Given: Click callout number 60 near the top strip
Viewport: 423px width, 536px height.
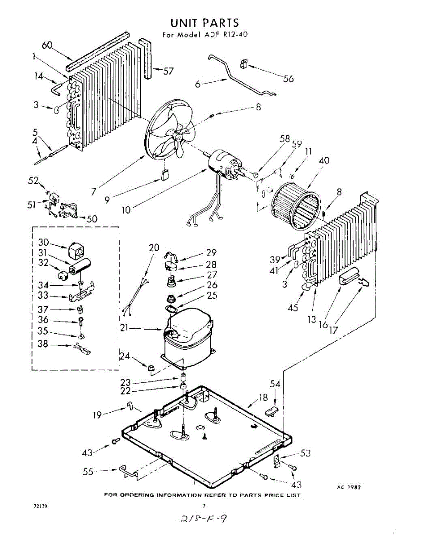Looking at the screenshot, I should coord(48,45).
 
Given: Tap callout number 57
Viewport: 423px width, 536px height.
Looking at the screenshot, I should coord(168,71).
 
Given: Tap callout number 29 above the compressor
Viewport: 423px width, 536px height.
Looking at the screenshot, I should coord(211,252).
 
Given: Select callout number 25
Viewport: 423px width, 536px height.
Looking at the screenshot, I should coord(211,295).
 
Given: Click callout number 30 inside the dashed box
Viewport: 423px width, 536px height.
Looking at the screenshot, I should coord(43,242).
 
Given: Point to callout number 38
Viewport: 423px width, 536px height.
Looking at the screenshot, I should coord(43,344).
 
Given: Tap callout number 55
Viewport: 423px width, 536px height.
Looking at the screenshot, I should coord(88,471).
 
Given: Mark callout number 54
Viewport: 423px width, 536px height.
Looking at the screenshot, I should coord(275,383).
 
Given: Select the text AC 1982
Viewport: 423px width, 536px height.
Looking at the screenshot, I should coord(348,487).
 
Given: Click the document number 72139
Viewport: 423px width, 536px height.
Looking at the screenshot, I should coord(40,507).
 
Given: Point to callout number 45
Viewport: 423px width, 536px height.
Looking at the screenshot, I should coord(293,308).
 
